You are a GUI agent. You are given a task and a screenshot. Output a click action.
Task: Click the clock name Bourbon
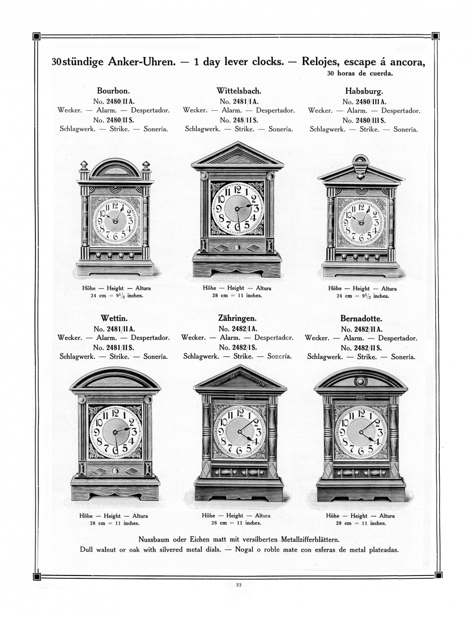(113, 90)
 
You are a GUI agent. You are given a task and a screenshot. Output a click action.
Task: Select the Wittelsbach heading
(239, 90)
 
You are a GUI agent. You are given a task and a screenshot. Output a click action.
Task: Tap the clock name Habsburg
(364, 90)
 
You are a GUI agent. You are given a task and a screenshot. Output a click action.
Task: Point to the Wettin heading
(114, 318)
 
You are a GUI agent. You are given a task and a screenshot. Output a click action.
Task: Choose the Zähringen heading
(237, 318)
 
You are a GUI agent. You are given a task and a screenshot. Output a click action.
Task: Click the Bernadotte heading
(361, 319)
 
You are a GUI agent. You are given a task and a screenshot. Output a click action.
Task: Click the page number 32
(238, 585)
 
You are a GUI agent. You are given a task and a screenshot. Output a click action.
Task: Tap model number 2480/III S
(364, 120)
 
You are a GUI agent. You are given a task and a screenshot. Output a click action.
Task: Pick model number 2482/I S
(237, 347)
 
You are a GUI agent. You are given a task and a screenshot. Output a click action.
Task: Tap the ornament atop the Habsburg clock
(360, 162)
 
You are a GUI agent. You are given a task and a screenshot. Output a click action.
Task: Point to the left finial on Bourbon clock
(83, 168)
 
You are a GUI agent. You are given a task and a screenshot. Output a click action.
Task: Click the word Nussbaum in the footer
(155, 539)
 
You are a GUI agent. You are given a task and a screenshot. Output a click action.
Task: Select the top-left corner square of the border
(36, 36)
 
